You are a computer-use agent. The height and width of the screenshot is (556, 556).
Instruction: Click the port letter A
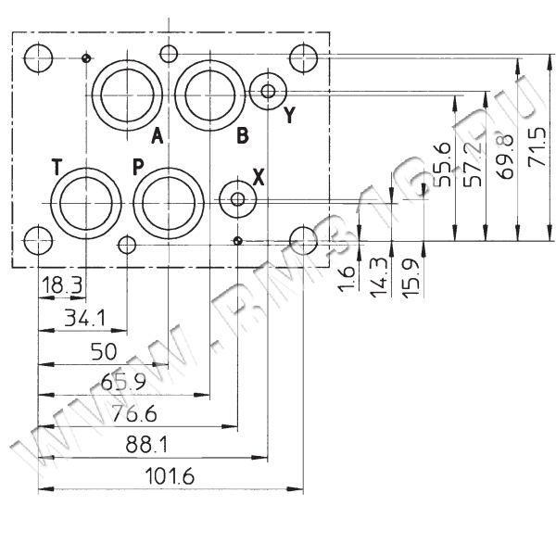[x=158, y=135]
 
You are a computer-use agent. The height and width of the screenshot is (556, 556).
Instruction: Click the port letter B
[x=243, y=135]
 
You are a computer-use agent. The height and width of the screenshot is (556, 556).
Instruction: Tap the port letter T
[x=57, y=167]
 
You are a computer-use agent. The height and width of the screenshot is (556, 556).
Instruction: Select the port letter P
[x=138, y=167]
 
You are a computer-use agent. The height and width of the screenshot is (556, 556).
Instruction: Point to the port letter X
[x=259, y=177]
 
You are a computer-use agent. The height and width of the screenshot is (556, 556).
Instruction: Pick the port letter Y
[x=290, y=114]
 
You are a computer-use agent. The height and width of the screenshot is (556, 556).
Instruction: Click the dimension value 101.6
[x=170, y=476]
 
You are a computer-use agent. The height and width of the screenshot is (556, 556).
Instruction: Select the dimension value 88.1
[x=146, y=445]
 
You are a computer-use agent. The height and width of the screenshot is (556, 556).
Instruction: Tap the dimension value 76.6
[x=134, y=414]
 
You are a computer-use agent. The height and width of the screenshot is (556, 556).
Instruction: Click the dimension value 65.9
[x=123, y=382]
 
